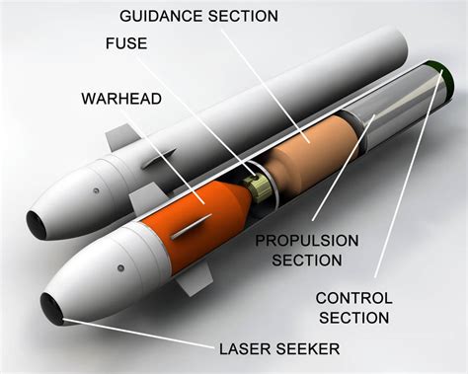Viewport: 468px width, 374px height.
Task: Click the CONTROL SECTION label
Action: [x=353, y=307]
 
